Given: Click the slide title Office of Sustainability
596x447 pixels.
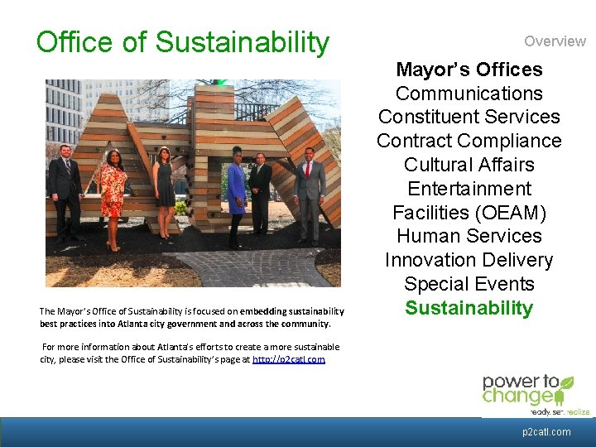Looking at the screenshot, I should tap(182, 41).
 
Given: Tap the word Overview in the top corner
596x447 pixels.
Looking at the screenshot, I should tap(554, 41).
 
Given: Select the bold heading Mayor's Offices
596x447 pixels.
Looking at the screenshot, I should tap(469, 70).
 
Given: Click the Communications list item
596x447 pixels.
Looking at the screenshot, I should tap(469, 94).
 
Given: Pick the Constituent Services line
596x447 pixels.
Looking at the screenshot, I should tap(469, 118).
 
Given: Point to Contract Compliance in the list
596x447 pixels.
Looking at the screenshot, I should tap(469, 141).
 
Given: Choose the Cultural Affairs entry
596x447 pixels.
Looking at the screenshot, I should tap(469, 165).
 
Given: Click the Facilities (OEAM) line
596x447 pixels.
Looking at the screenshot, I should tap(469, 213).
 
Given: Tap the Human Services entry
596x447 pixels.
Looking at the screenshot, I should tap(469, 236).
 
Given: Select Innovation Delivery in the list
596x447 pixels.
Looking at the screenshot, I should tap(469, 260).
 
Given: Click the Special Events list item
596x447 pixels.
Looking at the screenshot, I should tap(469, 284).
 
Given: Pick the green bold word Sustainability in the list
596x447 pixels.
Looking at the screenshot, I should tap(469, 308).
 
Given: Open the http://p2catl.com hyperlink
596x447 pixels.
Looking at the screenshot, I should tap(288, 360).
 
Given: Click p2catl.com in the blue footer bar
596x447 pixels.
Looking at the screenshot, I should tap(546, 432).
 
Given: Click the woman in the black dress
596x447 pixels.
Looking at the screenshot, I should tap(163, 186).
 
